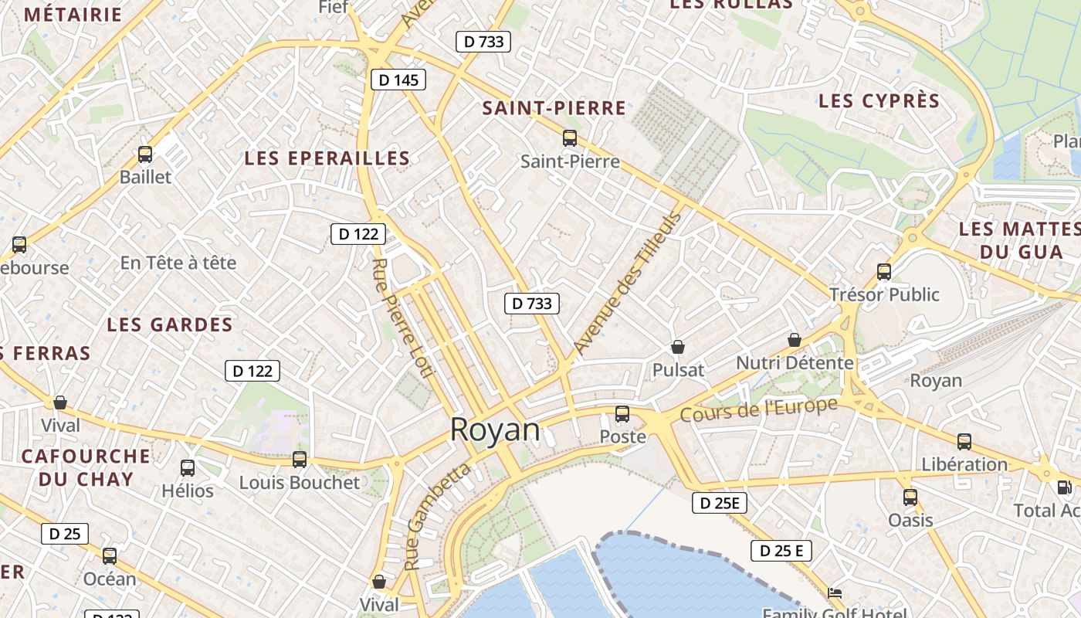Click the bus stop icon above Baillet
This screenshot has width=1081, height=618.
[145, 154]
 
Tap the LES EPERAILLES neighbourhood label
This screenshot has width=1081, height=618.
[327, 158]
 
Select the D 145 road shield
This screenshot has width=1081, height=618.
[398, 80]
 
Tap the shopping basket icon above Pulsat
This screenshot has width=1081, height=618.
[678, 347]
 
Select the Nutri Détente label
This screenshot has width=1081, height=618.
[795, 362]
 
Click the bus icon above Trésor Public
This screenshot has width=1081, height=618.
[884, 272]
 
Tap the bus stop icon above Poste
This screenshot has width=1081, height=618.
[622, 414]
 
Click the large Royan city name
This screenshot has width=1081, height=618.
[495, 430]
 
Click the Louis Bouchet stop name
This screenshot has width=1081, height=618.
[300, 483]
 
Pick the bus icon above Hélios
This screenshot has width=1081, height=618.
[188, 467]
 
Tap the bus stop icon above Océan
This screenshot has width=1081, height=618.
[110, 555]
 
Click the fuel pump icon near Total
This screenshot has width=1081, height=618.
[1064, 487]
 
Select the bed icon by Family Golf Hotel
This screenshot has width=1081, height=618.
[835, 593]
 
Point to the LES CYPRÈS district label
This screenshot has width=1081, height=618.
[879, 101]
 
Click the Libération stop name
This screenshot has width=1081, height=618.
[964, 464]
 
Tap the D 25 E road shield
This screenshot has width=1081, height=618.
[781, 551]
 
